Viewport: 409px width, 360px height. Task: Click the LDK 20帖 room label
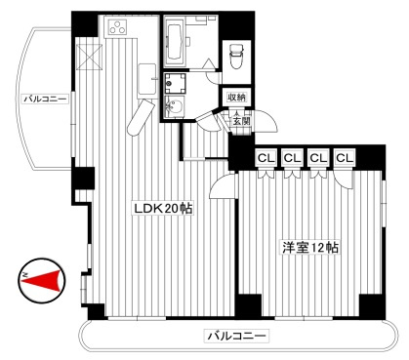pos(163,208)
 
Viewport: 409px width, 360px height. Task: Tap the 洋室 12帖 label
pos(310,248)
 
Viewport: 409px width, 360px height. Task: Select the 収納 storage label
pos(237,97)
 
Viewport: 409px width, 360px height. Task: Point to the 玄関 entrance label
pos(241,121)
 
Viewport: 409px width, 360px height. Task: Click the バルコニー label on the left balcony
pos(46,99)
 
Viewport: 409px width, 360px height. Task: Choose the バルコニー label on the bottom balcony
pos(236,336)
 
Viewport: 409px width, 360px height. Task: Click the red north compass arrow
pos(42,280)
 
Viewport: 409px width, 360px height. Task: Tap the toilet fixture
pos(236,56)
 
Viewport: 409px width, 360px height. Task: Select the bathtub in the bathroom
pos(176,41)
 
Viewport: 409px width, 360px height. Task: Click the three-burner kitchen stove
pos(117,27)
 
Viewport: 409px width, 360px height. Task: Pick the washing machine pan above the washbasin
pos(175,83)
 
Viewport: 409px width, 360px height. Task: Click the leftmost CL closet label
pos(266,158)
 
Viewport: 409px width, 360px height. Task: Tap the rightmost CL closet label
pos(345,158)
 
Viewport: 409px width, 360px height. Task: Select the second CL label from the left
pos(292,158)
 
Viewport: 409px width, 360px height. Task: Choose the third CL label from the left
pos(318,158)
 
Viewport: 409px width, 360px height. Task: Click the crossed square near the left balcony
pos(89,58)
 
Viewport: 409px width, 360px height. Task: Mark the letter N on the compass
pos(25,275)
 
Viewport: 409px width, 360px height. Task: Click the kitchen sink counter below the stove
pos(147,80)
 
